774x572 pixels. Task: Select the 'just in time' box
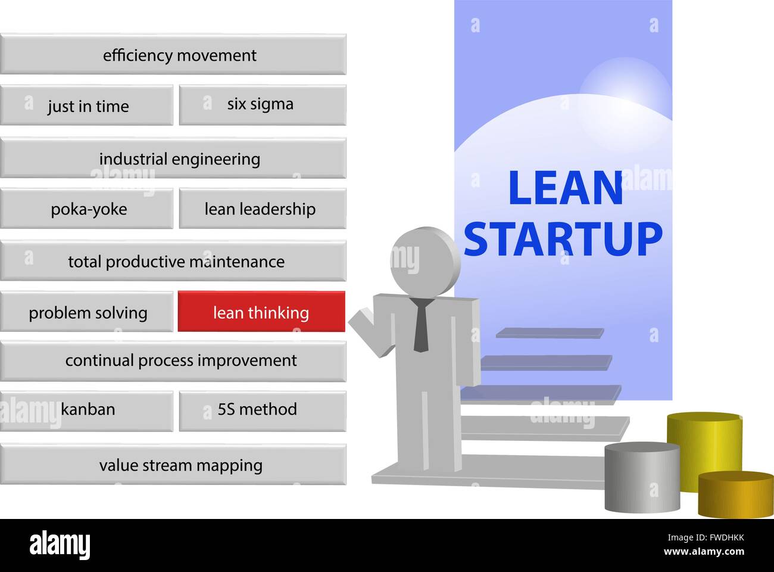click(x=87, y=105)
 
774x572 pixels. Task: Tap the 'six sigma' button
click(x=262, y=104)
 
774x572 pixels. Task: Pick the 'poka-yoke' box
click(x=87, y=209)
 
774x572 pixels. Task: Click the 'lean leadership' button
click(x=262, y=209)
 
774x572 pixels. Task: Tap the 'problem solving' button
click(x=87, y=312)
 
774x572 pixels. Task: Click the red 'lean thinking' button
click(x=261, y=312)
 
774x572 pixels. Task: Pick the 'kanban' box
click(x=87, y=410)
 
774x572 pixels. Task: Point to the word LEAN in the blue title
click(x=565, y=188)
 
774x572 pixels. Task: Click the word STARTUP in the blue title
click(x=563, y=239)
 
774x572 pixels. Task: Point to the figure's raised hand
click(x=361, y=322)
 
